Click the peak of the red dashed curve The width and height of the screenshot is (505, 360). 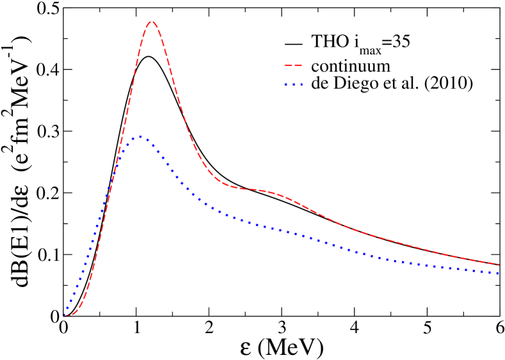click(x=152, y=22)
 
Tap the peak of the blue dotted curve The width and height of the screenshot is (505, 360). click(x=140, y=137)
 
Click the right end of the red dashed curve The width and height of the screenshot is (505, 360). click(x=499, y=264)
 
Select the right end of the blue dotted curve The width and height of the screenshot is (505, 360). click(x=499, y=274)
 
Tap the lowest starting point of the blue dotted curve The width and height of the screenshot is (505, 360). click(x=64, y=315)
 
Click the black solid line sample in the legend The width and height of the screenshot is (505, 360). click(x=293, y=44)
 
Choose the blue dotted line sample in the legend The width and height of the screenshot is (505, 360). click(x=293, y=84)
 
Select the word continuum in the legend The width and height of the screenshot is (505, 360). click(x=351, y=66)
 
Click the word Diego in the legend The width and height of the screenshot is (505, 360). click(x=349, y=85)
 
